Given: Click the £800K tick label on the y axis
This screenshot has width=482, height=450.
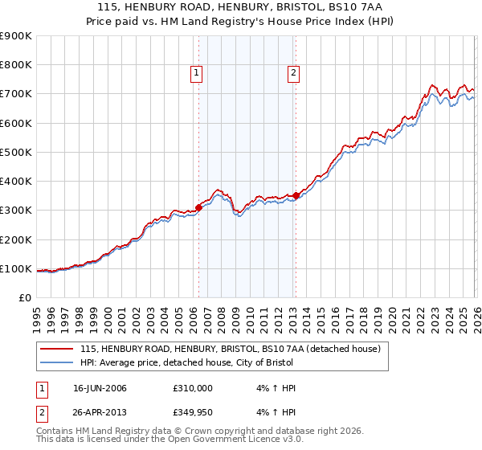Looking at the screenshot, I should point(15,65).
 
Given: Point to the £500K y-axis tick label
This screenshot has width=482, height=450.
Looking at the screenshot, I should point(15,152).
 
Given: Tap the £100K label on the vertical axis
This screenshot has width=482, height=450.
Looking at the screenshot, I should point(15,268).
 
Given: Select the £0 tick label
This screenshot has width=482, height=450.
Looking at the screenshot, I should point(25,297).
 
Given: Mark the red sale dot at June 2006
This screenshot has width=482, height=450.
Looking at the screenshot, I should point(198,207).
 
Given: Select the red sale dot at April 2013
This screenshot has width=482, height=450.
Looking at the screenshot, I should point(296,195).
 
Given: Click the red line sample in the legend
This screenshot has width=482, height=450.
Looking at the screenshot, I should point(57,349).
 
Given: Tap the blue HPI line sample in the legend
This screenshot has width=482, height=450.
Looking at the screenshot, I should point(57,362).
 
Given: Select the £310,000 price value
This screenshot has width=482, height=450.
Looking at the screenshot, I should point(193,388).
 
